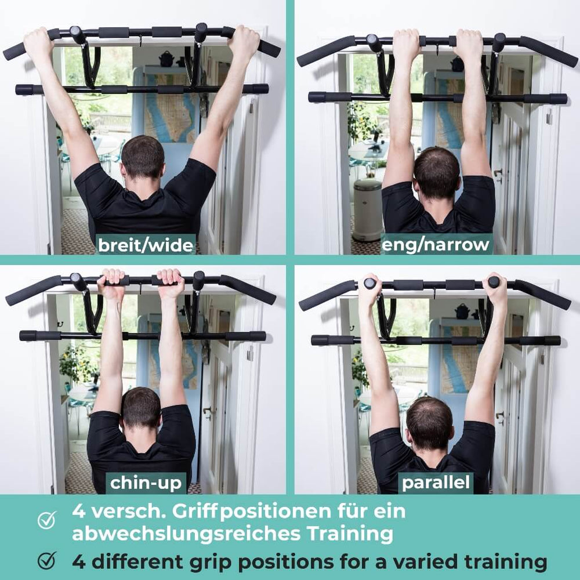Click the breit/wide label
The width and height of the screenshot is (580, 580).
click(x=146, y=244)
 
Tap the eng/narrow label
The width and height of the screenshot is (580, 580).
click(x=435, y=244)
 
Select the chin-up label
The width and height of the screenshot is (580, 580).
click(x=146, y=483)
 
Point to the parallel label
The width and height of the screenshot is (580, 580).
click(x=435, y=483)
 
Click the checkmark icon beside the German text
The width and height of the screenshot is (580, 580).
click(x=46, y=520)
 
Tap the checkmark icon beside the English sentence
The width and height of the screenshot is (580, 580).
click(x=46, y=560)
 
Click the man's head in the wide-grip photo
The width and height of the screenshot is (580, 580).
click(x=143, y=157)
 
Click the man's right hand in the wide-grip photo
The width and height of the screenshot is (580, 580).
click(x=244, y=42)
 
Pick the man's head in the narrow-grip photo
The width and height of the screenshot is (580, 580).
click(x=437, y=171)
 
